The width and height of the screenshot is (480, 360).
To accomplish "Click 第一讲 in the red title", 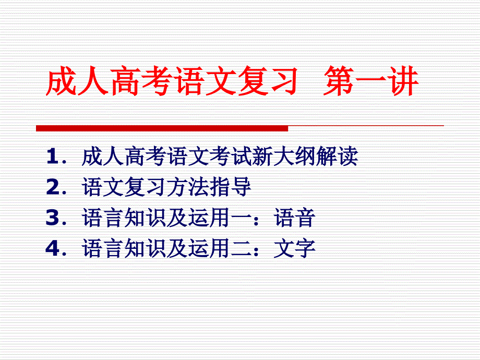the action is (x=371, y=81).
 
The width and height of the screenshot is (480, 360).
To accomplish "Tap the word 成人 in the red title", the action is (x=77, y=81).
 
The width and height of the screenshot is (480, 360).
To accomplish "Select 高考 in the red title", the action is (x=140, y=81).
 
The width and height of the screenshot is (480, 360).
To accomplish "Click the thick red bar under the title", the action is (x=162, y=128).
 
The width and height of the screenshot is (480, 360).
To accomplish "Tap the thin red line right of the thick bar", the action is (x=366, y=126).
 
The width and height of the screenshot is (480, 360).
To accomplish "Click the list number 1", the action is (x=52, y=156).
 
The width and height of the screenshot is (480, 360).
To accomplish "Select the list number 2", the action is (x=52, y=187).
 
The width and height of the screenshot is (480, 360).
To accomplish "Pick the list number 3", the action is (x=52, y=218).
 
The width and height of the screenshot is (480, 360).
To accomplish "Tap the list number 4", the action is (x=52, y=248).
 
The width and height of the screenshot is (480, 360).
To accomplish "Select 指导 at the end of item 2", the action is (x=230, y=187).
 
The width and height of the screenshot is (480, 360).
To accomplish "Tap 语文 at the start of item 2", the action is (x=103, y=187).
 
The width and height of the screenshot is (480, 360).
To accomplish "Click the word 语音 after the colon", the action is (x=294, y=218).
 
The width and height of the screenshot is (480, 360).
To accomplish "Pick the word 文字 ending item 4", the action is (x=294, y=248).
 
